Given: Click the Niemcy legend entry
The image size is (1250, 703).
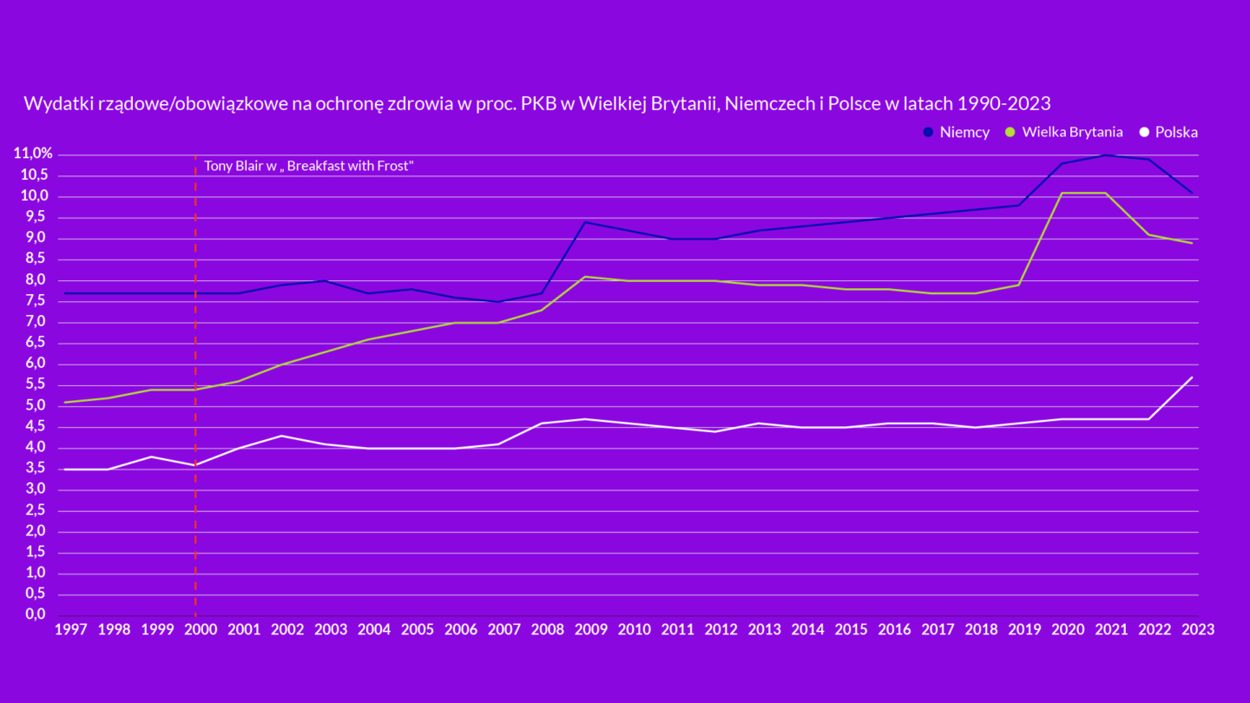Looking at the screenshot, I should (956, 133).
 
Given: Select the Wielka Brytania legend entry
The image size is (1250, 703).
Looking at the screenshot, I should (1063, 133).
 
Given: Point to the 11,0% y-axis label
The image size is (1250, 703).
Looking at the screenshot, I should (33, 154).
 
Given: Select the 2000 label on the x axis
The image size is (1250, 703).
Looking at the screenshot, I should (201, 629).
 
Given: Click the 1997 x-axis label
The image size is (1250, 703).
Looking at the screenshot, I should (70, 629).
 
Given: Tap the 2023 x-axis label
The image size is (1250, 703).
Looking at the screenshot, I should (1198, 629).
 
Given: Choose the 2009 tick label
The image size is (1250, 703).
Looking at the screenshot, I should (591, 629).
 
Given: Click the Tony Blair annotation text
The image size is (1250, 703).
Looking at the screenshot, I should (309, 166).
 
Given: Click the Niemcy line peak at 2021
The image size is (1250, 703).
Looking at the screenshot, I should (1105, 154).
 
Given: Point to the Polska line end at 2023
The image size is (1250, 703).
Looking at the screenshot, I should (1192, 378).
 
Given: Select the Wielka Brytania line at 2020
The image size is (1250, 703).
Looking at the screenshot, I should (1062, 193).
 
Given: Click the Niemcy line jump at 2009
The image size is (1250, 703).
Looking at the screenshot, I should (585, 222).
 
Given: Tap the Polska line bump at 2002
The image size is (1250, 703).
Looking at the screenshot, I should (281, 436).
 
